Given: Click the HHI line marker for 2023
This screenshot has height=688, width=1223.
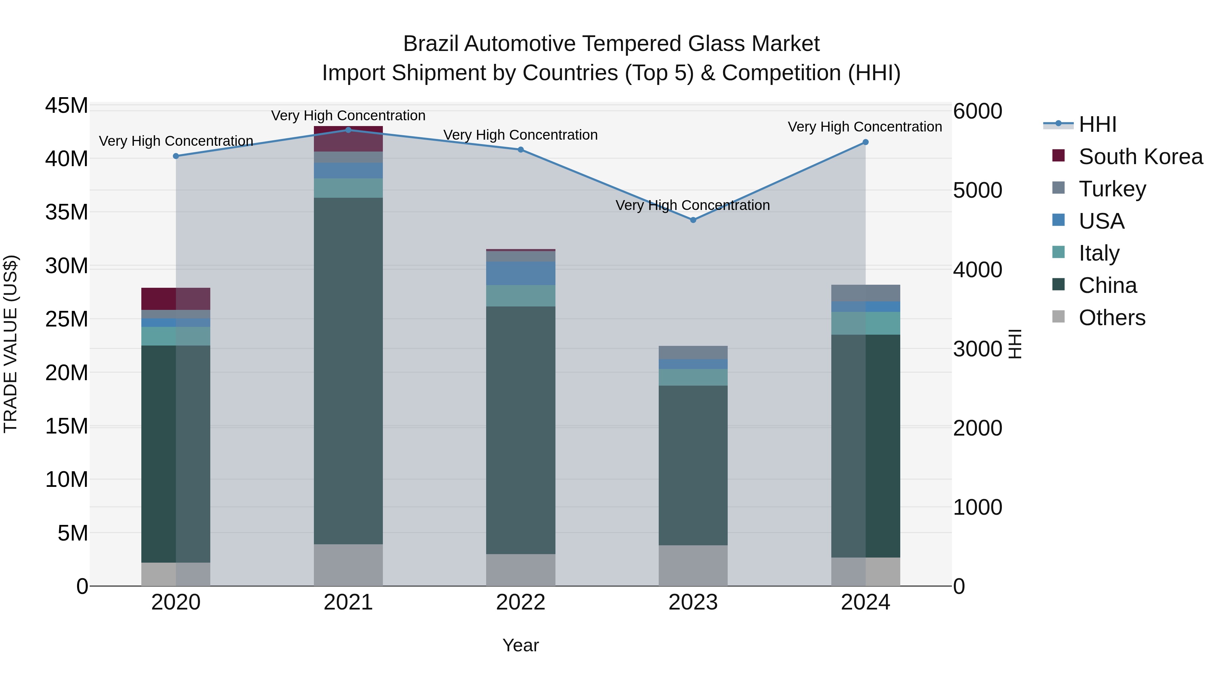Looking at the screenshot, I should [x=693, y=220].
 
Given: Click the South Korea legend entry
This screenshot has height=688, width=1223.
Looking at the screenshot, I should [x=1140, y=157].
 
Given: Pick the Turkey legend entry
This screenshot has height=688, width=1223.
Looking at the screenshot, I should [x=1112, y=189].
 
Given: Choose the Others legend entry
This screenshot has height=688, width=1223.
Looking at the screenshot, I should [x=1112, y=318].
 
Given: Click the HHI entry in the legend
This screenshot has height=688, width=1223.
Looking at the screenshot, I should [x=1097, y=124].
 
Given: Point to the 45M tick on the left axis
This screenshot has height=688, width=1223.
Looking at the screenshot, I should [x=67, y=105].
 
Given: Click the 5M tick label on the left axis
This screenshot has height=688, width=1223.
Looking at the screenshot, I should [x=73, y=533].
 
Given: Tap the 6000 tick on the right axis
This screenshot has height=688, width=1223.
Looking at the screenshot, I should [x=977, y=111].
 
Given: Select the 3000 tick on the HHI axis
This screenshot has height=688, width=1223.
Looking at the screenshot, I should [x=977, y=349].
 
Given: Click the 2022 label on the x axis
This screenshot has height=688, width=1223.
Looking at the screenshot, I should [x=520, y=602].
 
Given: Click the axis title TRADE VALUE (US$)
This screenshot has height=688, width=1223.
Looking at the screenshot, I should [x=11, y=344].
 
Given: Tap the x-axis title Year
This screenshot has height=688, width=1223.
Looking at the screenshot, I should [x=520, y=645].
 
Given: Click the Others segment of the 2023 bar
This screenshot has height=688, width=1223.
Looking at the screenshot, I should [x=693, y=565].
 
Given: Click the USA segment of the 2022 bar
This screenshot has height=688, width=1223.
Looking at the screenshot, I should [x=520, y=273].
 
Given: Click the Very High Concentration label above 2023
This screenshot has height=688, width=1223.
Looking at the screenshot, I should [x=693, y=205].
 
